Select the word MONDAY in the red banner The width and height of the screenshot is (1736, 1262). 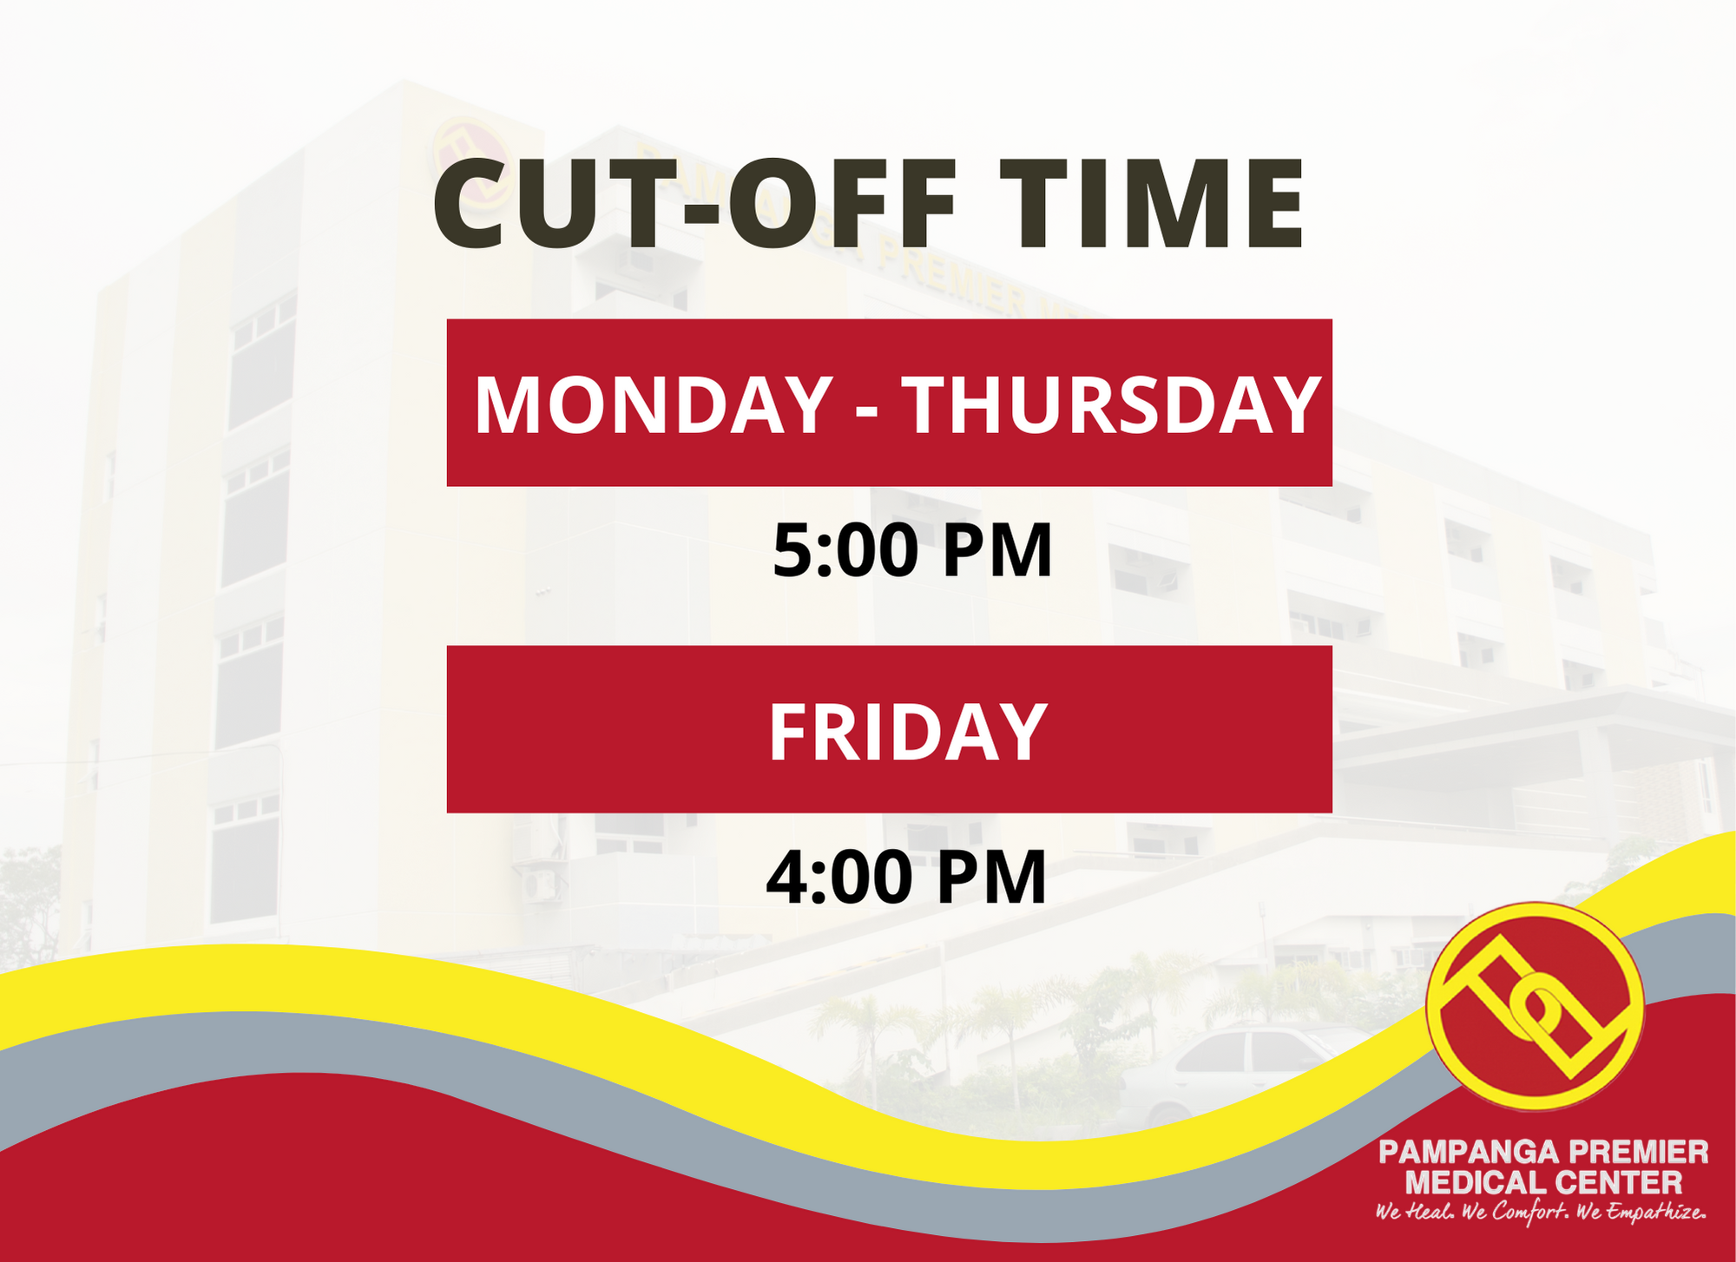pos(654,404)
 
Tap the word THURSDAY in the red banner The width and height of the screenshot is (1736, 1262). pos(1112,404)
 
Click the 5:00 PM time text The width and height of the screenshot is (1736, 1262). pos(912,550)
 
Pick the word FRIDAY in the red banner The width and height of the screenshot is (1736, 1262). pos(907,732)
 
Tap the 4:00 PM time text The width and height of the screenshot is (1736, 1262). pos(906,877)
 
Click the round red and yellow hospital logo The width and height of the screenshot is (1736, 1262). pos(1535,1007)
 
